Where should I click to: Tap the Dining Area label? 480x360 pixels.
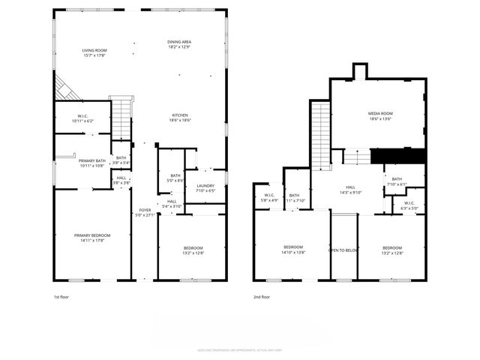pyautogui.click(x=178, y=44)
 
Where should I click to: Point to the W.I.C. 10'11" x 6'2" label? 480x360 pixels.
pyautogui.click(x=82, y=118)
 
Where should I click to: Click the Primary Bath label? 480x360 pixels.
pyautogui.click(x=92, y=163)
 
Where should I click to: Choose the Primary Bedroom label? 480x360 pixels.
pyautogui.click(x=92, y=238)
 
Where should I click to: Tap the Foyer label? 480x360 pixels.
pyautogui.click(x=143, y=212)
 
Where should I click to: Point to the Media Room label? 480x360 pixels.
pyautogui.click(x=380, y=115)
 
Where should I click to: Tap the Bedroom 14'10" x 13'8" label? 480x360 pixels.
pyautogui.click(x=293, y=250)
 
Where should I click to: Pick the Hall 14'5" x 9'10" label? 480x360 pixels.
pyautogui.click(x=350, y=190)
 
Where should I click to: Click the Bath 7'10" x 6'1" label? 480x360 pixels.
pyautogui.click(x=397, y=181)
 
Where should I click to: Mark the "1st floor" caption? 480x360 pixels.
pyautogui.click(x=62, y=296)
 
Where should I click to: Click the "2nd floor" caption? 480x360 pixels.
pyautogui.click(x=262, y=296)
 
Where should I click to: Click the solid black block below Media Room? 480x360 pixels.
pyautogui.click(x=398, y=156)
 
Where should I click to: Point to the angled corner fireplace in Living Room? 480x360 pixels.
pyautogui.click(x=66, y=88)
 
